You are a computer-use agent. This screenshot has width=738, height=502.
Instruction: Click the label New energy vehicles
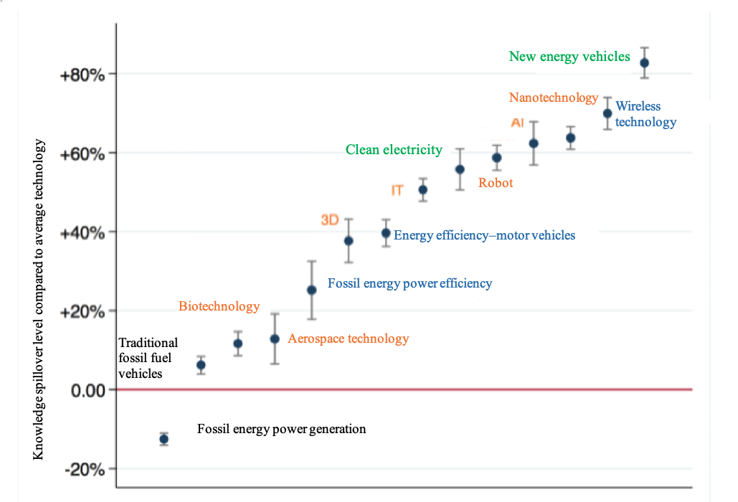tap(569, 57)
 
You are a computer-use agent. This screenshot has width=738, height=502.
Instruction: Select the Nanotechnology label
tap(553, 98)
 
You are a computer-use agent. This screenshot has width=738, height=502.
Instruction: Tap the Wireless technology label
tap(645, 114)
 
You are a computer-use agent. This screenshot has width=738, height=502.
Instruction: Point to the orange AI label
tap(517, 123)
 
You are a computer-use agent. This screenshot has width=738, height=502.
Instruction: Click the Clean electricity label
tap(394, 150)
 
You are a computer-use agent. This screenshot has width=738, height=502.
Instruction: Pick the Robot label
tap(496, 183)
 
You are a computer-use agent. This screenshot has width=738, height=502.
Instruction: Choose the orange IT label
tap(397, 190)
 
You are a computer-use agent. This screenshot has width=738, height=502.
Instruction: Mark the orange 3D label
tap(329, 220)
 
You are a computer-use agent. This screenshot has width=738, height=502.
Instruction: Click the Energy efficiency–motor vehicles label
tap(484, 235)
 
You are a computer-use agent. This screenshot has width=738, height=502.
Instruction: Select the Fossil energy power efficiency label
tap(410, 283)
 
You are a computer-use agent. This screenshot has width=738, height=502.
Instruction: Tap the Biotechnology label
tap(219, 306)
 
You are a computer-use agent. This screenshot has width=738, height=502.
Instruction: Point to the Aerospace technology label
tap(348, 338)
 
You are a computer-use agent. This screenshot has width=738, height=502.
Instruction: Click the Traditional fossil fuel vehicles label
tap(148, 358)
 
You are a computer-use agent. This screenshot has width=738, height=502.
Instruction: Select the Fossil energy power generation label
tap(281, 430)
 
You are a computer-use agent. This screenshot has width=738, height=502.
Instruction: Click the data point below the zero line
tap(164, 439)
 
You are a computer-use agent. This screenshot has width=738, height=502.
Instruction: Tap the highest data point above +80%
tap(644, 63)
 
